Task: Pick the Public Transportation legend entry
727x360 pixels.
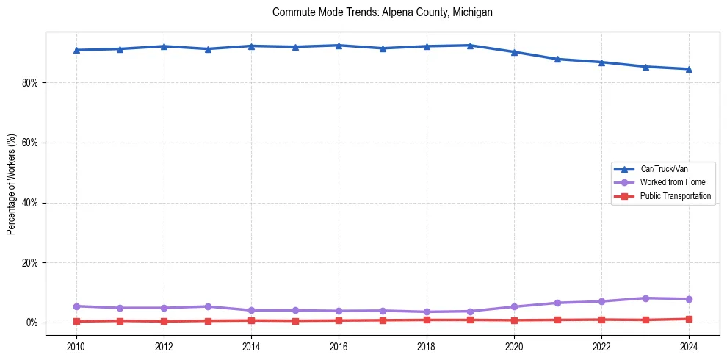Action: [x=675, y=196]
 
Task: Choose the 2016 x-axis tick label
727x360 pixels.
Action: [x=339, y=345]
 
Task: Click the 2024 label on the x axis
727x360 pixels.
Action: [x=689, y=345]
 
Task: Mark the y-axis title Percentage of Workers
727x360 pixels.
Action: [x=12, y=184]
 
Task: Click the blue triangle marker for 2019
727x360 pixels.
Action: [x=470, y=46]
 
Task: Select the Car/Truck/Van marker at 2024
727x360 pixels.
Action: [x=689, y=69]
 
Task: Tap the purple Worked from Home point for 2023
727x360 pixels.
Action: [x=645, y=298]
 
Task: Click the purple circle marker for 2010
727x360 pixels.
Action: [x=76, y=306]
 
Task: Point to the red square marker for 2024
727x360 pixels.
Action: [x=689, y=319]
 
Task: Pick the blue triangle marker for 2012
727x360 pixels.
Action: [x=164, y=46]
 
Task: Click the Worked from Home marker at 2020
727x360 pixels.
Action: [x=514, y=306]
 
